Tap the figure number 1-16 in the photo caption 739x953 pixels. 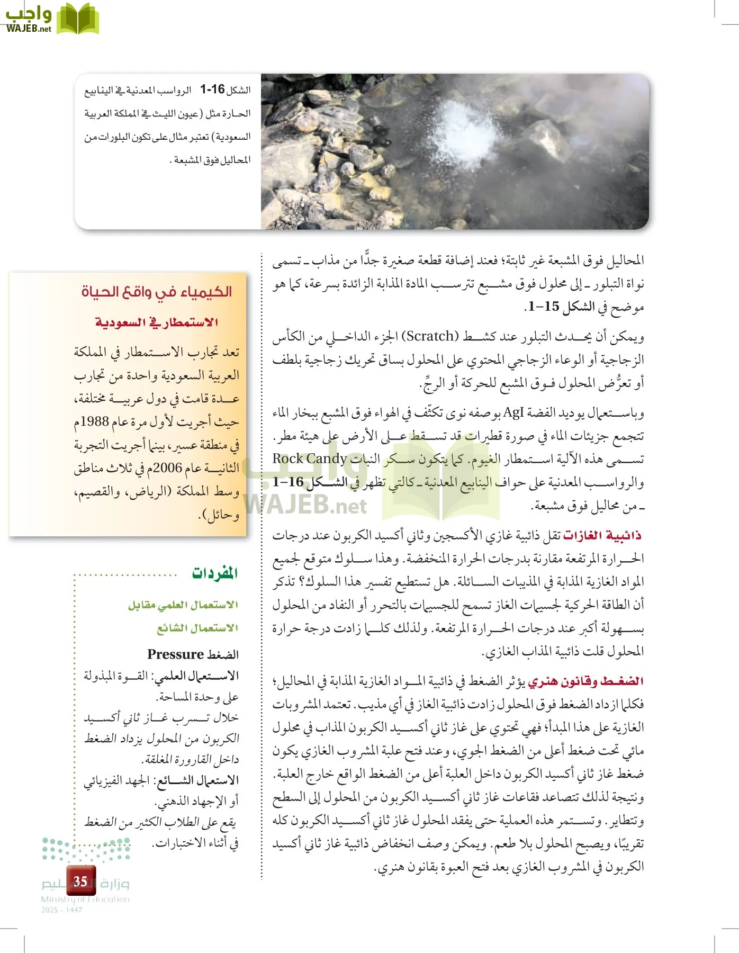coord(212,89)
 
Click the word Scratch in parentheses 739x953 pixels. coord(430,336)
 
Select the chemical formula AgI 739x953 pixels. coord(512,412)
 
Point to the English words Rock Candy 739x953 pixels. coord(309,458)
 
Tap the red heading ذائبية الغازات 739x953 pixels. coord(602,535)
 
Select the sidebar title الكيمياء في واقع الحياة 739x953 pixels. coord(157,292)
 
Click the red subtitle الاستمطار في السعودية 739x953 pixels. coord(157,322)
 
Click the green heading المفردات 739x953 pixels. coord(214,573)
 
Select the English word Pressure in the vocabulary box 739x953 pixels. coord(175,654)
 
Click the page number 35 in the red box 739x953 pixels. coord(80,881)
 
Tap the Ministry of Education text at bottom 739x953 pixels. coord(85,899)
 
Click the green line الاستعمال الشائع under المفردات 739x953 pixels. coord(197,628)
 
